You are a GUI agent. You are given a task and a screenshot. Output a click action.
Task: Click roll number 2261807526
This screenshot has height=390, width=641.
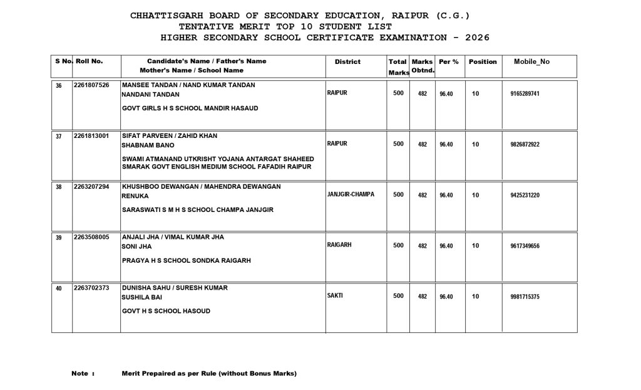[x=91, y=85]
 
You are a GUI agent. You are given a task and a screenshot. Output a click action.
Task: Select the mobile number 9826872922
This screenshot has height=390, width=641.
[x=525, y=144]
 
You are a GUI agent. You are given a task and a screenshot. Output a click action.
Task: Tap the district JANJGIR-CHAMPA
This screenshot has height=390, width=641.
[x=351, y=194]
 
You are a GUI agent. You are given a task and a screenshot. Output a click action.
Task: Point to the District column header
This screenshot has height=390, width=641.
[x=347, y=61]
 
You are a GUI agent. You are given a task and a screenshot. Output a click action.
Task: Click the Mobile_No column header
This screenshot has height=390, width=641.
[x=531, y=61]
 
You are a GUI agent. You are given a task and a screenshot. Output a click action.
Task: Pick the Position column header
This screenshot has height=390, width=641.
[x=483, y=61]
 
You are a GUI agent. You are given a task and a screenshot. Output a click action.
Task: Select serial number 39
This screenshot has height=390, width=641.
[x=59, y=238]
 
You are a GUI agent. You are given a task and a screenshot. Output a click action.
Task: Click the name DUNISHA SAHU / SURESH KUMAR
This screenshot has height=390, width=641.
[x=175, y=288]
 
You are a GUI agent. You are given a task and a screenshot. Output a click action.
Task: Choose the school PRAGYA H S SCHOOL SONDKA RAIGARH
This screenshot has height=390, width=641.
[x=187, y=260]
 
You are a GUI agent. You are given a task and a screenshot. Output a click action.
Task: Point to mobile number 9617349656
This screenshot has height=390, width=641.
[x=525, y=246]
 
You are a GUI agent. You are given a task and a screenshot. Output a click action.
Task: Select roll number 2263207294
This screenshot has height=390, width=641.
[x=91, y=187]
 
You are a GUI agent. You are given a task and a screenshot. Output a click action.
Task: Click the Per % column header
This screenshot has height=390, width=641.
[x=448, y=61]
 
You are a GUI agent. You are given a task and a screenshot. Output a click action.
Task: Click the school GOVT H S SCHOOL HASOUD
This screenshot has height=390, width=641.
[x=166, y=311]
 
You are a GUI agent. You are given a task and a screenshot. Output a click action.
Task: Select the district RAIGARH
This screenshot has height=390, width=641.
[x=339, y=245]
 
